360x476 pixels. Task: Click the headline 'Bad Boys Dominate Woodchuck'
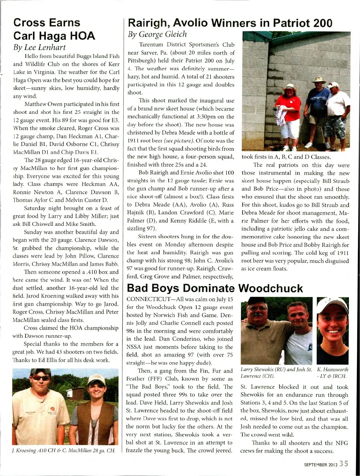coord(215,288)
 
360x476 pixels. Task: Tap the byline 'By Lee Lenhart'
coord(39,47)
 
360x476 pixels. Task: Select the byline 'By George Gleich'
coord(157,34)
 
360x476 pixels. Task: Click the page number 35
coord(344,464)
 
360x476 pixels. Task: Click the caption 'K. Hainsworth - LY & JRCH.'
coord(332,373)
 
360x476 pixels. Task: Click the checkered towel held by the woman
coord(280,117)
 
